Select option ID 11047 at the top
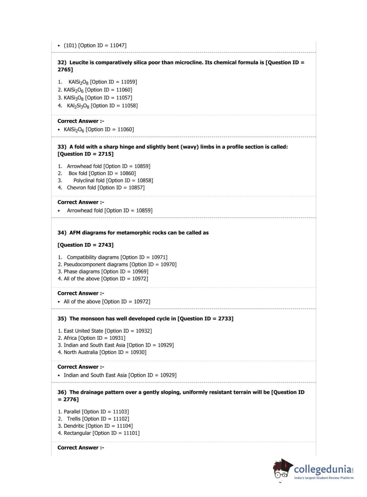pyautogui.click(x=95, y=45)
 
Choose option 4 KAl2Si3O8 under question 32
pyautogui.click(x=102, y=106)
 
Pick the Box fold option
pyautogui.click(x=102, y=173)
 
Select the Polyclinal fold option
pyautogui.click(x=113, y=180)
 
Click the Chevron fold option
pyautogui.click(x=106, y=188)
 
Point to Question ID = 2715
pyautogui.click(x=85, y=154)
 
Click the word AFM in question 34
pyautogui.click(x=75, y=233)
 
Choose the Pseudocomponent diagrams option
pyautogui.click(x=120, y=264)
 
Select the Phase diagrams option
pyautogui.click(x=106, y=272)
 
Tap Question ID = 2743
pyautogui.click(x=85, y=245)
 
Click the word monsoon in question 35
pyautogui.click(x=92, y=319)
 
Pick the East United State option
pyautogui.click(x=107, y=331)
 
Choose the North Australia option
pyautogui.click(x=105, y=352)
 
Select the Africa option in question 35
pyautogui.click(x=94, y=338)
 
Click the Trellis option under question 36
pyautogui.click(x=98, y=419)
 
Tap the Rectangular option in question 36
pyautogui.click(x=102, y=433)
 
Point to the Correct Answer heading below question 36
pyautogui.click(x=81, y=448)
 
